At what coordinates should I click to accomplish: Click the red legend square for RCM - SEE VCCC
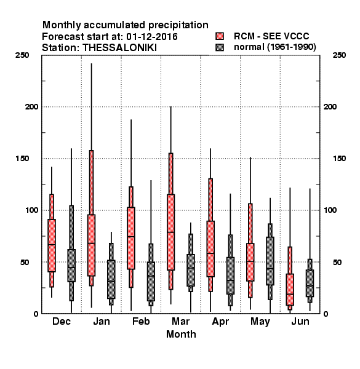click(220, 36)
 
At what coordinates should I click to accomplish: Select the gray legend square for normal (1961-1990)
click(220, 47)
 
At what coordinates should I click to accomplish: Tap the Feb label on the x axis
click(141, 321)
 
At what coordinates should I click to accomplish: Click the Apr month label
click(220, 322)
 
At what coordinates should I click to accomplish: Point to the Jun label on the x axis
click(300, 321)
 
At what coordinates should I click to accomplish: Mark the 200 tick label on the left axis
click(32, 107)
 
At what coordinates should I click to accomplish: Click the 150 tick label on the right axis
click(339, 159)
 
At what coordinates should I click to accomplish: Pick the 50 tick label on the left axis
click(25, 262)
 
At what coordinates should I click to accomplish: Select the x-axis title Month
click(181, 334)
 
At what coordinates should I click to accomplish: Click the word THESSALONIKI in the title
click(119, 48)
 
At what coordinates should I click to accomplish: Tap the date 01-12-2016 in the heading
click(152, 36)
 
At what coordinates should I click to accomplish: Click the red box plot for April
click(210, 236)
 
